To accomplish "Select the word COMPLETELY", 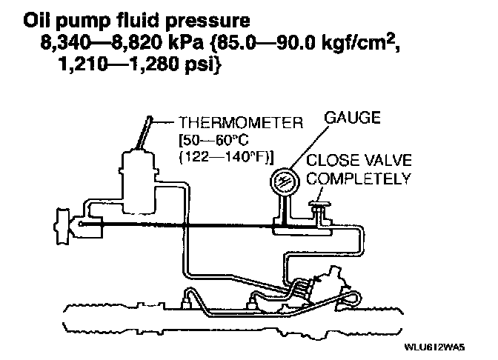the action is [359, 179].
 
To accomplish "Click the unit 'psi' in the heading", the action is [170, 67].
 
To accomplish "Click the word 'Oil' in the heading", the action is [39, 16].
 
